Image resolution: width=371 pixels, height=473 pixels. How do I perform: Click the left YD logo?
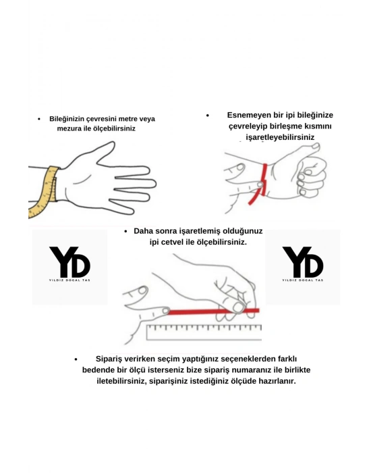[x=69, y=262]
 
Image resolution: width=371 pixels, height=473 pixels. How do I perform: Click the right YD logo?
[x=303, y=262]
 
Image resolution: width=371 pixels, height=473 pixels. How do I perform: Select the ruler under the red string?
[x=202, y=331]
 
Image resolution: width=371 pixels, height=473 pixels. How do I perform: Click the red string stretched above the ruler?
[x=209, y=312]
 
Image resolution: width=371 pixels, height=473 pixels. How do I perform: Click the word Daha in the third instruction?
[x=144, y=231]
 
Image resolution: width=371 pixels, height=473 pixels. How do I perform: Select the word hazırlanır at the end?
[x=274, y=380]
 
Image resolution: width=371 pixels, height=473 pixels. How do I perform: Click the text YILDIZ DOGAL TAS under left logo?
[x=69, y=280]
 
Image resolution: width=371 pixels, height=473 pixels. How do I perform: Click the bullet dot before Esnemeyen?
[x=208, y=116]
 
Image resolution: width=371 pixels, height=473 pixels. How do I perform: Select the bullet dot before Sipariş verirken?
[x=76, y=359]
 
